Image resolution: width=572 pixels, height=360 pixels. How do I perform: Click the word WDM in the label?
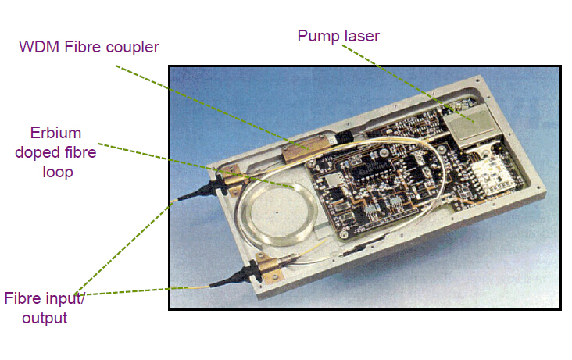point(39,47)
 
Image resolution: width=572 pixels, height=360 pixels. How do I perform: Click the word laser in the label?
point(362,36)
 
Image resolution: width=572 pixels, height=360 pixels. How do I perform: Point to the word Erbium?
point(55,133)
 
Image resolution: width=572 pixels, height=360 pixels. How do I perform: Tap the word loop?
point(58,172)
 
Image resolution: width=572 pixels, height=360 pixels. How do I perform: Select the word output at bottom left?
point(45,318)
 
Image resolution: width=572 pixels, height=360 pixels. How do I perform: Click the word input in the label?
point(63,299)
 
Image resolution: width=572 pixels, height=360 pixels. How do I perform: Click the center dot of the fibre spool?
point(277,212)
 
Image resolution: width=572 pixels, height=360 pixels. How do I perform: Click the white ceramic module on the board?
point(490,176)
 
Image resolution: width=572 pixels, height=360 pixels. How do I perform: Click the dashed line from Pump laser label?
point(408,83)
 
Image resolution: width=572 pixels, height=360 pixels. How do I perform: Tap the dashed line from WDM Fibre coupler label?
point(213,107)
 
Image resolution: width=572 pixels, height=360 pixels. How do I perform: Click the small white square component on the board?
point(331,180)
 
